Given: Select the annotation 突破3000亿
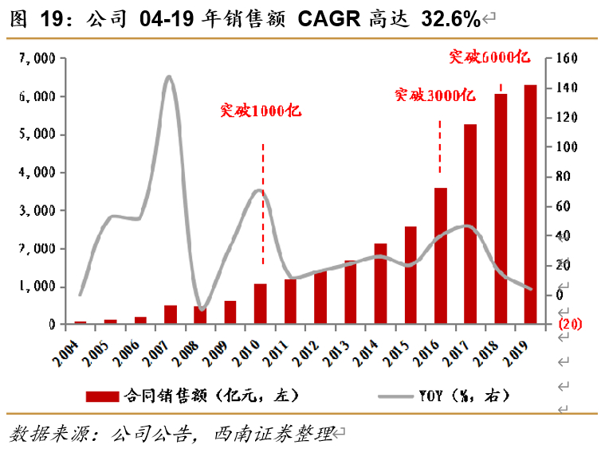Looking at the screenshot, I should [x=435, y=96].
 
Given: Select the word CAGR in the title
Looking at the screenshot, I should [x=329, y=18].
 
